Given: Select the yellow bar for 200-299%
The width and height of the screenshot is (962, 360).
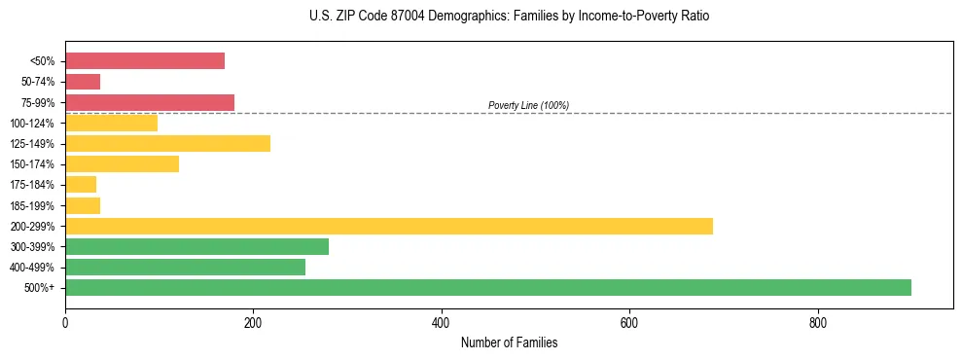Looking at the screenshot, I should point(389,226).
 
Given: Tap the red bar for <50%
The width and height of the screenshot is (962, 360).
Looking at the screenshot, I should point(145,61).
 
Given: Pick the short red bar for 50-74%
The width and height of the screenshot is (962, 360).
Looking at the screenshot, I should point(83,82).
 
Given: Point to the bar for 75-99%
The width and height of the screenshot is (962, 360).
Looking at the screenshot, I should point(150,102).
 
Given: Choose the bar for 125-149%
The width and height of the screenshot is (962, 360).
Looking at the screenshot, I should point(167,143).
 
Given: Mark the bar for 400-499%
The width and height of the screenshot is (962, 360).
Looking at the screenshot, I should point(185,267).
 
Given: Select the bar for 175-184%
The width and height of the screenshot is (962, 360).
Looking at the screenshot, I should point(81,184).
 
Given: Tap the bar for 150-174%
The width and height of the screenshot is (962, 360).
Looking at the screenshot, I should point(122,163).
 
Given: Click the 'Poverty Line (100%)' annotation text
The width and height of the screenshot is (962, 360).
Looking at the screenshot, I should point(528,105).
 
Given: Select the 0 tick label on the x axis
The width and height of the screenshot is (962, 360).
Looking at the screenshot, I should point(65,322).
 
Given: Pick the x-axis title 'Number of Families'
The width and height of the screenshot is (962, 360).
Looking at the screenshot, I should point(509,342).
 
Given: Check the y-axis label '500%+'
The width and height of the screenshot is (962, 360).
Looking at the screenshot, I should point(41,288).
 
